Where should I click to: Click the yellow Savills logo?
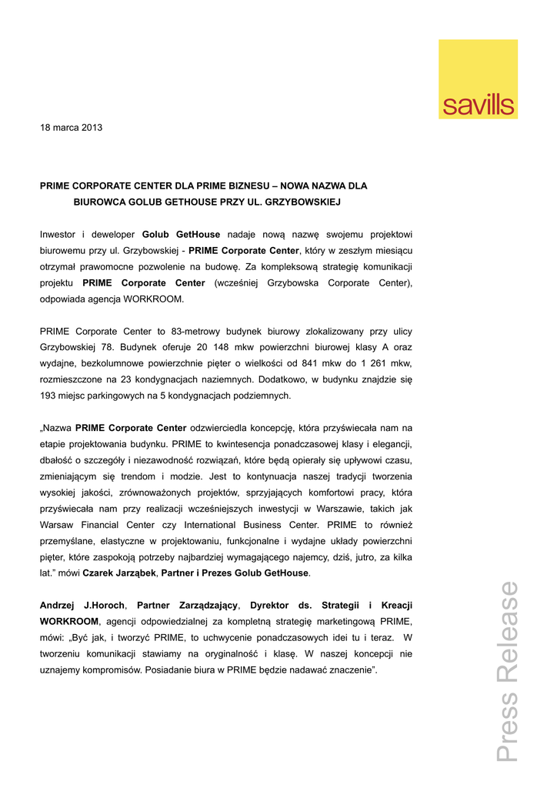click(478, 79)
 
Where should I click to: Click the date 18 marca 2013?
click(71, 128)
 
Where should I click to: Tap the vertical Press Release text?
click(508, 671)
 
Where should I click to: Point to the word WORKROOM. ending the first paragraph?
click(158, 299)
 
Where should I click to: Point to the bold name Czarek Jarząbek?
click(118, 573)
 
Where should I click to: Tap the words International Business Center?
click(253, 525)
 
